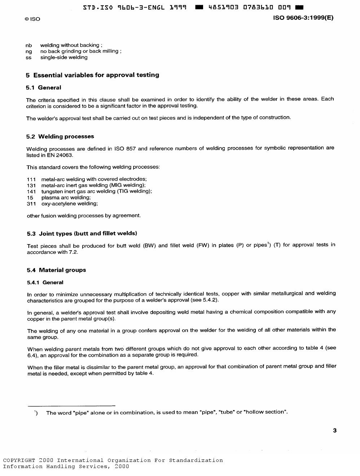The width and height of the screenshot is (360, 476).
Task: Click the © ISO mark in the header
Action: [x=32, y=19]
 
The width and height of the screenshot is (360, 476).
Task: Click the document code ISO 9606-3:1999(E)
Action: [x=303, y=18]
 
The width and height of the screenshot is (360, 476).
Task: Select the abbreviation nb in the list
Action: [x=29, y=45]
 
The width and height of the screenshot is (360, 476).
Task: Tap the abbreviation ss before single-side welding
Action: [x=28, y=58]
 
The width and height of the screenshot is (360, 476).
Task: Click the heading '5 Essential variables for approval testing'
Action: [x=92, y=75]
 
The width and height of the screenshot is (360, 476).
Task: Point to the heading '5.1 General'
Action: [x=44, y=88]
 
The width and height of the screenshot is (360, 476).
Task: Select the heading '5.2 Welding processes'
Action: [x=60, y=137]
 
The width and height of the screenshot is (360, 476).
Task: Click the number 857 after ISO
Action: [x=131, y=149]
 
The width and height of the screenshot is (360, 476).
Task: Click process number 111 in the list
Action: [x=31, y=179]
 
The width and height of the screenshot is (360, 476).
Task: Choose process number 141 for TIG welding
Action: [x=31, y=191]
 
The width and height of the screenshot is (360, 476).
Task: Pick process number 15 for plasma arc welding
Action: [x=30, y=198]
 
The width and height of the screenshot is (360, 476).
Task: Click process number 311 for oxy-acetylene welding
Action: [x=31, y=204]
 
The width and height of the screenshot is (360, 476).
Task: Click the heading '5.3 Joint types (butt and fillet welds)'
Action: [x=82, y=234]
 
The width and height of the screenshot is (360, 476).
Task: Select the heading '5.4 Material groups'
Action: [x=57, y=270]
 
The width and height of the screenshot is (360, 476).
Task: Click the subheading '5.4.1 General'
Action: [x=45, y=283]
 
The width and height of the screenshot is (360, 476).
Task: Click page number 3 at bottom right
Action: [x=335, y=430]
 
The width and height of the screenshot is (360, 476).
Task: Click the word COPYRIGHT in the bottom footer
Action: [x=19, y=460]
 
